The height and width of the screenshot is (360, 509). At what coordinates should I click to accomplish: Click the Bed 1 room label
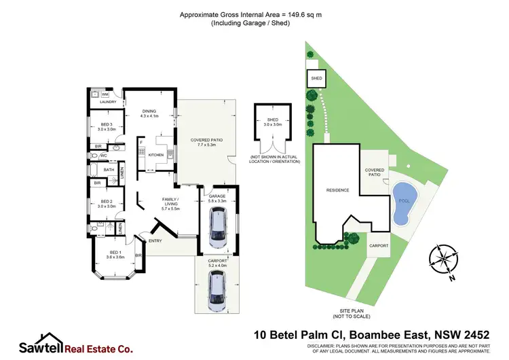coord(116,255)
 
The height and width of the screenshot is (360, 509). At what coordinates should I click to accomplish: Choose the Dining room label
coord(149,113)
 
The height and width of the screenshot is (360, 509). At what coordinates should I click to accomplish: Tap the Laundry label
coord(109,103)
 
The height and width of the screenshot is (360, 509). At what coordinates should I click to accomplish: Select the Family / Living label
coord(169,202)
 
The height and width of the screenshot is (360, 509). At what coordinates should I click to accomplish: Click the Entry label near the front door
coord(155,240)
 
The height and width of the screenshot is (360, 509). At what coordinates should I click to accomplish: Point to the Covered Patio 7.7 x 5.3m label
coord(210,142)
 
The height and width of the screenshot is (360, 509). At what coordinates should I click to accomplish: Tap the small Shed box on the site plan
coord(316,79)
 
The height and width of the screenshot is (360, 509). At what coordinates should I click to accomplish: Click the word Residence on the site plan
coord(337,190)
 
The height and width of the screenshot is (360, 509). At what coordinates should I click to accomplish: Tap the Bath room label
coord(109,170)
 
